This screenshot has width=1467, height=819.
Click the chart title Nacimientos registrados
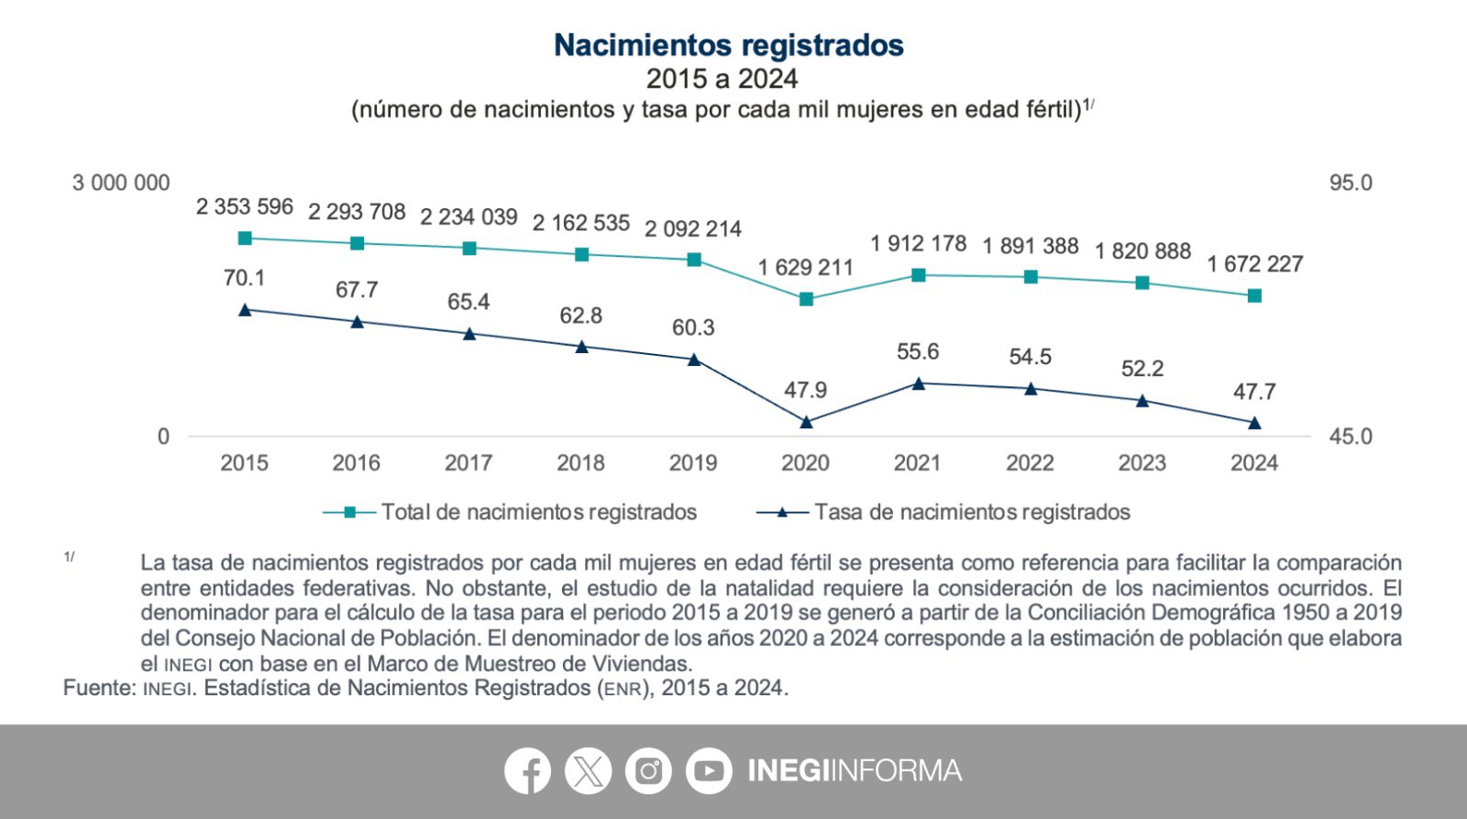tap(729, 45)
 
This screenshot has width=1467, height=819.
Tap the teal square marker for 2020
tap(806, 299)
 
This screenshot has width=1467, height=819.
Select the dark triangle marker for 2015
tap(245, 310)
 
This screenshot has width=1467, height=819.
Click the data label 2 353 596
tap(245, 206)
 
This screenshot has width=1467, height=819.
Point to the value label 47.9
tap(805, 390)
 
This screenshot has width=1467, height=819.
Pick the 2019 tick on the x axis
tap(693, 463)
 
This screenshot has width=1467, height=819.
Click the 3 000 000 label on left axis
tap(121, 183)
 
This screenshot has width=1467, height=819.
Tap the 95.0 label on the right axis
tap(1351, 183)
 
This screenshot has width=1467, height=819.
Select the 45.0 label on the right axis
tap(1351, 437)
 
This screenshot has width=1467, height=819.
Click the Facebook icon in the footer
tap(527, 771)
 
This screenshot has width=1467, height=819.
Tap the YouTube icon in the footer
tap(709, 771)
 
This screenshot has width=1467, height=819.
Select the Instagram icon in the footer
tap(648, 771)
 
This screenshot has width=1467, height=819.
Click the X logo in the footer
tap(588, 771)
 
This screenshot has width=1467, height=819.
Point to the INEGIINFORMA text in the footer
tap(855, 770)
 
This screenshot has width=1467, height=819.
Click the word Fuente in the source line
tap(98, 688)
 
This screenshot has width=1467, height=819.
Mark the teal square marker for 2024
tap(1254, 295)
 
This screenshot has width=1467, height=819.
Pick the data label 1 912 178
tap(918, 243)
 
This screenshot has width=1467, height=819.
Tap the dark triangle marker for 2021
tap(918, 383)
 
